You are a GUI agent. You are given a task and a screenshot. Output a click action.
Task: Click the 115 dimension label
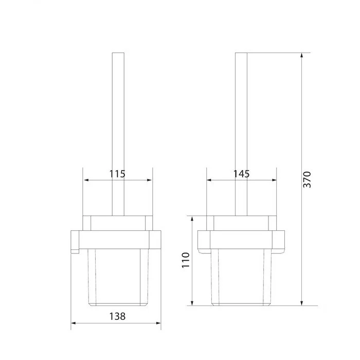(117, 174)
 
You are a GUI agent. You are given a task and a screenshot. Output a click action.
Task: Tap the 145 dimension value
(241, 174)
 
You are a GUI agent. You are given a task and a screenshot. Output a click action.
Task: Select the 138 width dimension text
(117, 316)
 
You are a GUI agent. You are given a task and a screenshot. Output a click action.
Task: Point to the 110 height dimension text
(186, 260)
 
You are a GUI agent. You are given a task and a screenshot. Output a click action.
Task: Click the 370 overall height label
(307, 179)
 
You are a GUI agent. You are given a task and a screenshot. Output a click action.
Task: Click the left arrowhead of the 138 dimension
(73, 323)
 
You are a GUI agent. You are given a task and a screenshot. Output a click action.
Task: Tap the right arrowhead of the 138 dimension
(158, 323)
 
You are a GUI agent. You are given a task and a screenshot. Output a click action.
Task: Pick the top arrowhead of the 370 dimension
(302, 55)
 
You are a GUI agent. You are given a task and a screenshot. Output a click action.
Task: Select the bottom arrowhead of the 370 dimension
(302, 303)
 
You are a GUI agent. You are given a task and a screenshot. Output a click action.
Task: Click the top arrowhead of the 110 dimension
(192, 219)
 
